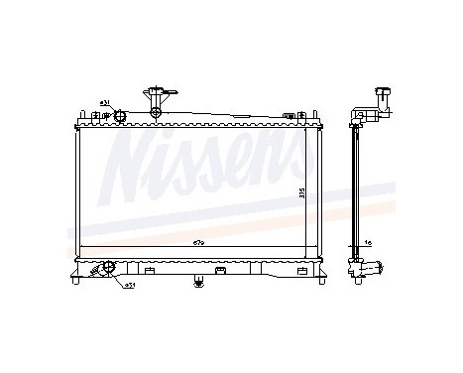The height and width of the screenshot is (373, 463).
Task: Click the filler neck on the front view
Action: point(157,98)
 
